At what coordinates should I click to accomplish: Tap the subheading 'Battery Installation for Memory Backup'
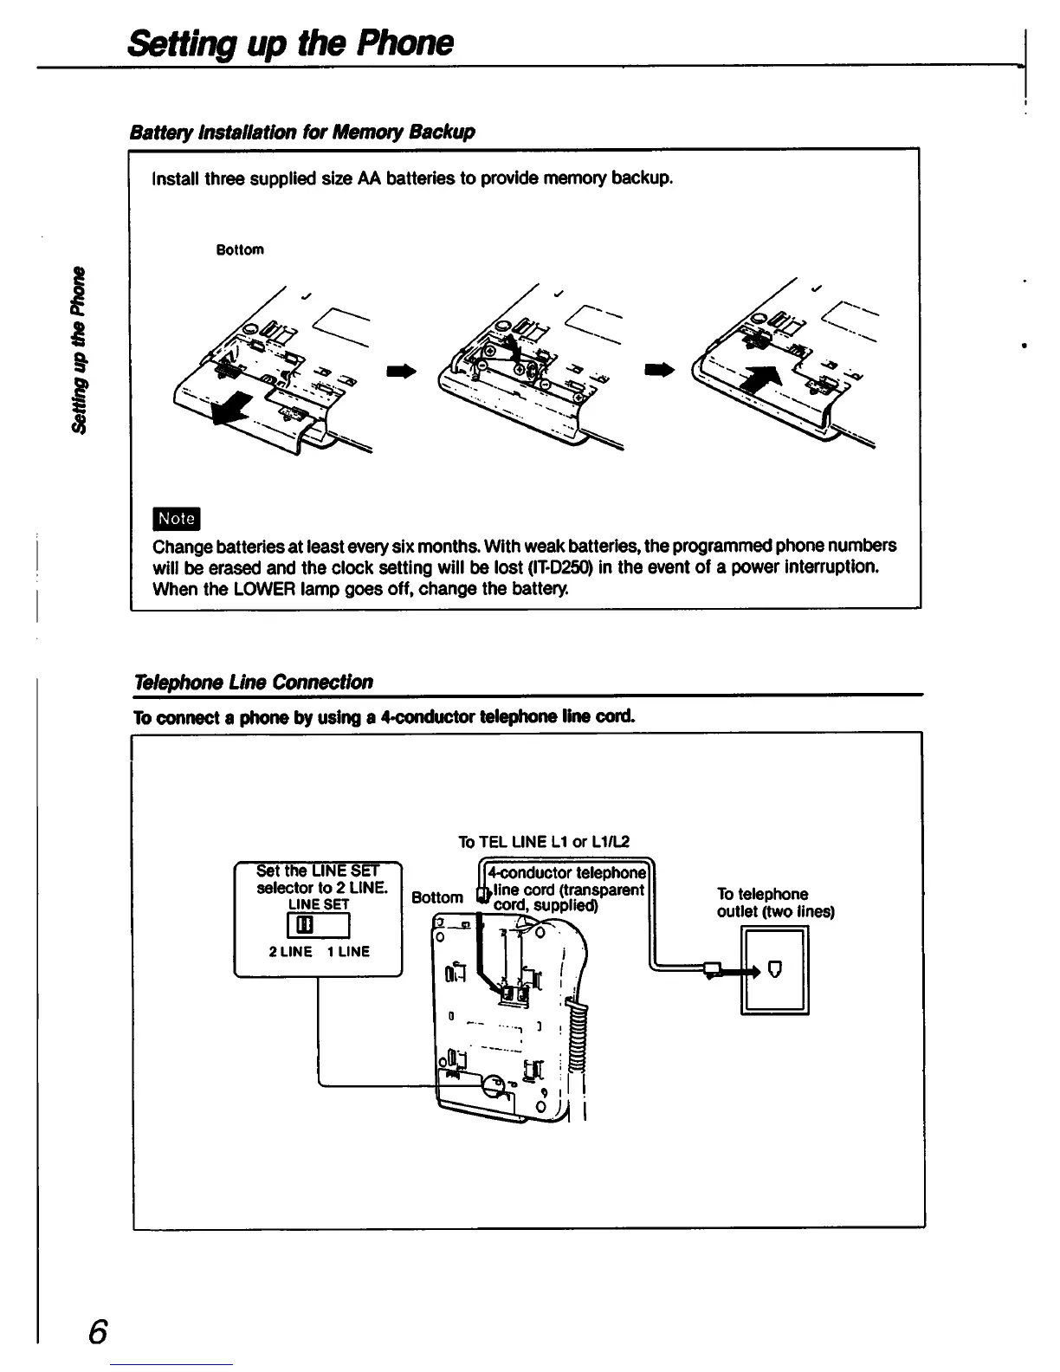pos(301,132)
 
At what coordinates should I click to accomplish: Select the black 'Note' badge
pos(176,518)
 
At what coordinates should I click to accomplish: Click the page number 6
pos(97,1331)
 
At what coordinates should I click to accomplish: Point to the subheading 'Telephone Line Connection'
pos(252,682)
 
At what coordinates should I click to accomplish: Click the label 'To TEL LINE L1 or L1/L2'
pos(543,842)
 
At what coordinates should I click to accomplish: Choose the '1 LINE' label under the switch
pos(348,952)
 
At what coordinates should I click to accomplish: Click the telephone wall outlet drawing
pos(775,969)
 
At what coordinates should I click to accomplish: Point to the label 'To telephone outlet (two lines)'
pos(775,903)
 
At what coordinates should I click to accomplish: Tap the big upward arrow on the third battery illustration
pos(762,381)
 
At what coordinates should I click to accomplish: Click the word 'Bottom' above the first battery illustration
pos(239,250)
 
